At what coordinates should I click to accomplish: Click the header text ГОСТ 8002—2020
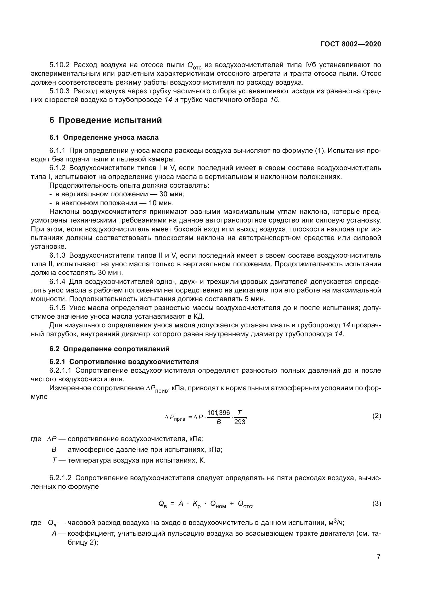351,44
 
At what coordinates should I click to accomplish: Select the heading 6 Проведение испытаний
106,120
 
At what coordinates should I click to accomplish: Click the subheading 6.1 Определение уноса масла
104,138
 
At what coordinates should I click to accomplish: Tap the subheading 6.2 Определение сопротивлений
109,349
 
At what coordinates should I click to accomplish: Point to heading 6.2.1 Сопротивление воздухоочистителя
124,362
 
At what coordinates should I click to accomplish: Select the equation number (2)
376,416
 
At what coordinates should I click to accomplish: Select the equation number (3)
376,503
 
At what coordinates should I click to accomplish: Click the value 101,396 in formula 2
218,413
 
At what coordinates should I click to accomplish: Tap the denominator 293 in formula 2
240,422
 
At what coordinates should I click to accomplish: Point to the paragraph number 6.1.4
57,282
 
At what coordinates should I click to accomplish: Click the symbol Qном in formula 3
218,504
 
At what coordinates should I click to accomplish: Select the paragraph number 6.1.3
57,256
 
